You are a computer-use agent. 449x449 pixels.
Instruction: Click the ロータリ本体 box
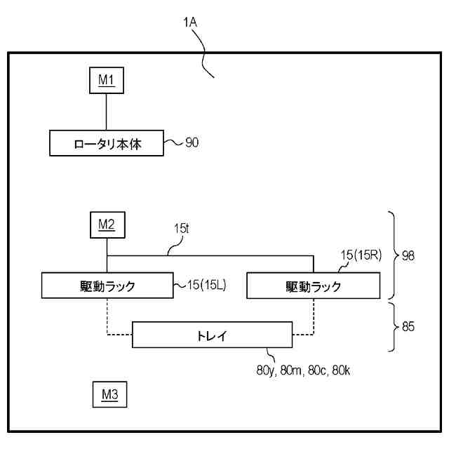[x=106, y=144]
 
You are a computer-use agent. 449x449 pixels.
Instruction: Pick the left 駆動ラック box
[x=106, y=286]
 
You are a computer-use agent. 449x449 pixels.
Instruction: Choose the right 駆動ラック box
[x=313, y=286]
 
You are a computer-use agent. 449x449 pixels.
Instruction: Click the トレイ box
[x=211, y=336]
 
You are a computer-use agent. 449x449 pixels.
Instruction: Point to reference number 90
[x=191, y=144]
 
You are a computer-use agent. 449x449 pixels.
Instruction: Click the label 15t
[x=182, y=229]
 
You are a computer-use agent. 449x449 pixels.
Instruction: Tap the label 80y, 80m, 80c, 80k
[x=303, y=370]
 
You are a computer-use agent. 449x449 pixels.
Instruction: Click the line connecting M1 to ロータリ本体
[x=106, y=112]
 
